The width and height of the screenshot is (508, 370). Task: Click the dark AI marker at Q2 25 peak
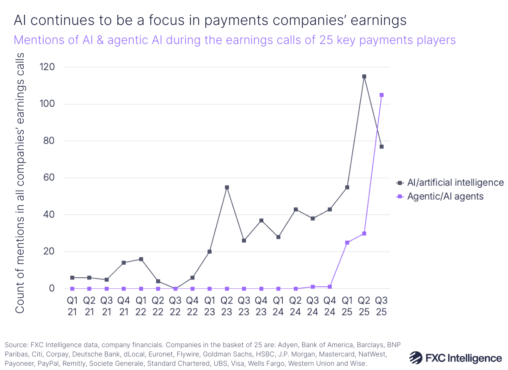click(x=364, y=77)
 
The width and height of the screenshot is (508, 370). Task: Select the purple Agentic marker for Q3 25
click(x=381, y=95)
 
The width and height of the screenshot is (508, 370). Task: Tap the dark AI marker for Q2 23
click(x=226, y=187)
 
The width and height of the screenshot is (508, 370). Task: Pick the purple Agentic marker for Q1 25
click(x=347, y=243)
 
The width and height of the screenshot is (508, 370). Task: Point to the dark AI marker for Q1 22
click(x=141, y=259)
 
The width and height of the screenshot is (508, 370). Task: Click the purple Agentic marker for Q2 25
click(x=364, y=233)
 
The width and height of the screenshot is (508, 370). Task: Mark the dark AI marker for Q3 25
click(x=381, y=147)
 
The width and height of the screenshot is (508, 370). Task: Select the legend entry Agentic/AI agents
click(x=445, y=196)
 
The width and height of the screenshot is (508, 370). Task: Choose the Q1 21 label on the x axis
click(x=72, y=306)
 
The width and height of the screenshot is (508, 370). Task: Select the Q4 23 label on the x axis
click(x=261, y=306)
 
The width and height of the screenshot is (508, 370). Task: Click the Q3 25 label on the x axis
click(x=381, y=306)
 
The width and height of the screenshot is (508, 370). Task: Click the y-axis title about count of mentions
click(x=20, y=184)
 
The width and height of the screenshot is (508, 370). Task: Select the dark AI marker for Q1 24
click(x=278, y=237)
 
